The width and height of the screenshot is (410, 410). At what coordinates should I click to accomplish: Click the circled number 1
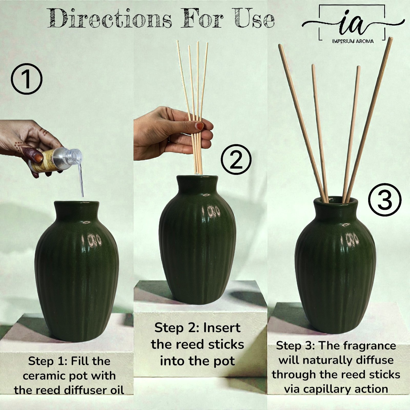point(26,79)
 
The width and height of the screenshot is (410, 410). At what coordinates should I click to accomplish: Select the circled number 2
point(236,159)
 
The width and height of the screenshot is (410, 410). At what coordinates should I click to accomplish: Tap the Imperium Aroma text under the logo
point(353,41)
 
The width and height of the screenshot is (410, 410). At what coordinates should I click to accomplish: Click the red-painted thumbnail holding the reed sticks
point(199,126)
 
